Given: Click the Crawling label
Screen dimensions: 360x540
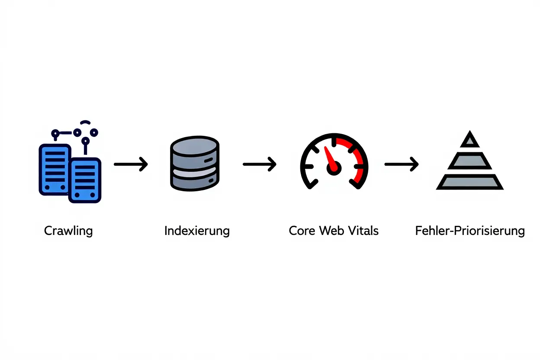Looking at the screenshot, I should (x=68, y=231).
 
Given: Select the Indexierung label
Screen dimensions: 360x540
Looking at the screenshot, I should (x=197, y=231).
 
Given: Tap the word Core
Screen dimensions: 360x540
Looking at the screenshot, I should (x=302, y=231).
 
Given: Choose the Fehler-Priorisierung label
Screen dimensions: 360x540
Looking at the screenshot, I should (x=470, y=231).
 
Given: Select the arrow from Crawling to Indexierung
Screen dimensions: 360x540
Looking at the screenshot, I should (x=131, y=164).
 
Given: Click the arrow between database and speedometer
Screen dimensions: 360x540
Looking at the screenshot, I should (x=259, y=164).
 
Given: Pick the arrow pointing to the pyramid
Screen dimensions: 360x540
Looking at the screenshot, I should (x=401, y=164).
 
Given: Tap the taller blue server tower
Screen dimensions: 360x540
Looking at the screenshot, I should (x=55, y=169).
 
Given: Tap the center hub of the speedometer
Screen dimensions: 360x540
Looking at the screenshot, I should (x=334, y=168).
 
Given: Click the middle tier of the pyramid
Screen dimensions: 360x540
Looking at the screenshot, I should (x=469, y=161).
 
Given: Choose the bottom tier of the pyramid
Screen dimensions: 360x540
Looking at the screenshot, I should (x=469, y=182).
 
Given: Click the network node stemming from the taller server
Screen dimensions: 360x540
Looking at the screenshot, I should (x=55, y=134).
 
